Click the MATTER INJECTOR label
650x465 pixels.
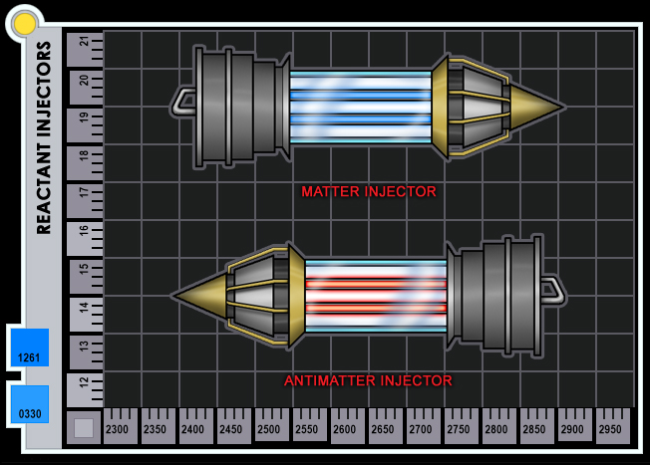(x=369, y=191)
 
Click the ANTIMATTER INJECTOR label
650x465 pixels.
(x=368, y=380)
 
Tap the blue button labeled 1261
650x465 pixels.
(x=29, y=349)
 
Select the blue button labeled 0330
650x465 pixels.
(x=29, y=404)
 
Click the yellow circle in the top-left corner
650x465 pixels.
(x=24, y=23)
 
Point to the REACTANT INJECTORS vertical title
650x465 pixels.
(x=44, y=137)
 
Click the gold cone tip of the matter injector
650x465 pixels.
(x=538, y=105)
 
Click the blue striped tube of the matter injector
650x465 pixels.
(x=359, y=107)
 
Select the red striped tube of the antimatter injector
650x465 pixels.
(x=375, y=295)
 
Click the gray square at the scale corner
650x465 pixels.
(x=84, y=427)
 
